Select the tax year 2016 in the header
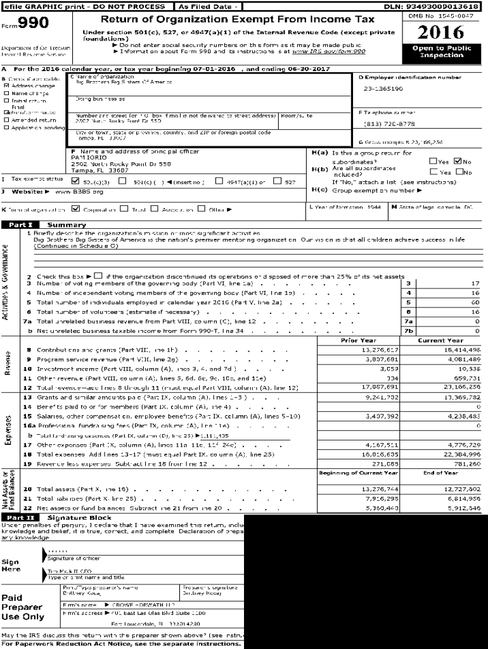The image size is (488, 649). [x=441, y=32]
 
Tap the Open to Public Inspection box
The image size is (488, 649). [x=441, y=52]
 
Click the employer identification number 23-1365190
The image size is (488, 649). [x=383, y=89]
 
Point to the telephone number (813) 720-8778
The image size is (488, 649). [x=390, y=124]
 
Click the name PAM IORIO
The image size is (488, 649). [x=87, y=158]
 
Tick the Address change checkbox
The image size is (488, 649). [x=6, y=86]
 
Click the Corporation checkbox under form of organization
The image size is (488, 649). [x=76, y=209]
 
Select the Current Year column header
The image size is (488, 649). [x=440, y=340]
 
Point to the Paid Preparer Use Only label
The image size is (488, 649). [x=23, y=607]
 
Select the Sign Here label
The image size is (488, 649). [x=11, y=565]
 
